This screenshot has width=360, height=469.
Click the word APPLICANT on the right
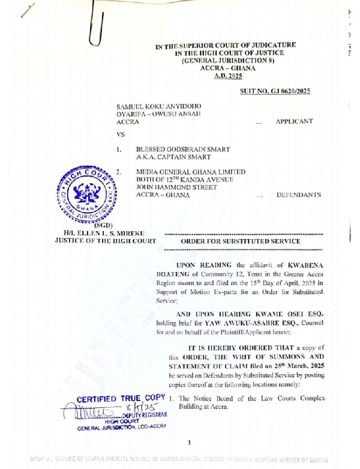[294, 121]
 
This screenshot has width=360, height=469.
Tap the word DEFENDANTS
[298, 195]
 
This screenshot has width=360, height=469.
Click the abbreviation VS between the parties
[121, 135]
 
